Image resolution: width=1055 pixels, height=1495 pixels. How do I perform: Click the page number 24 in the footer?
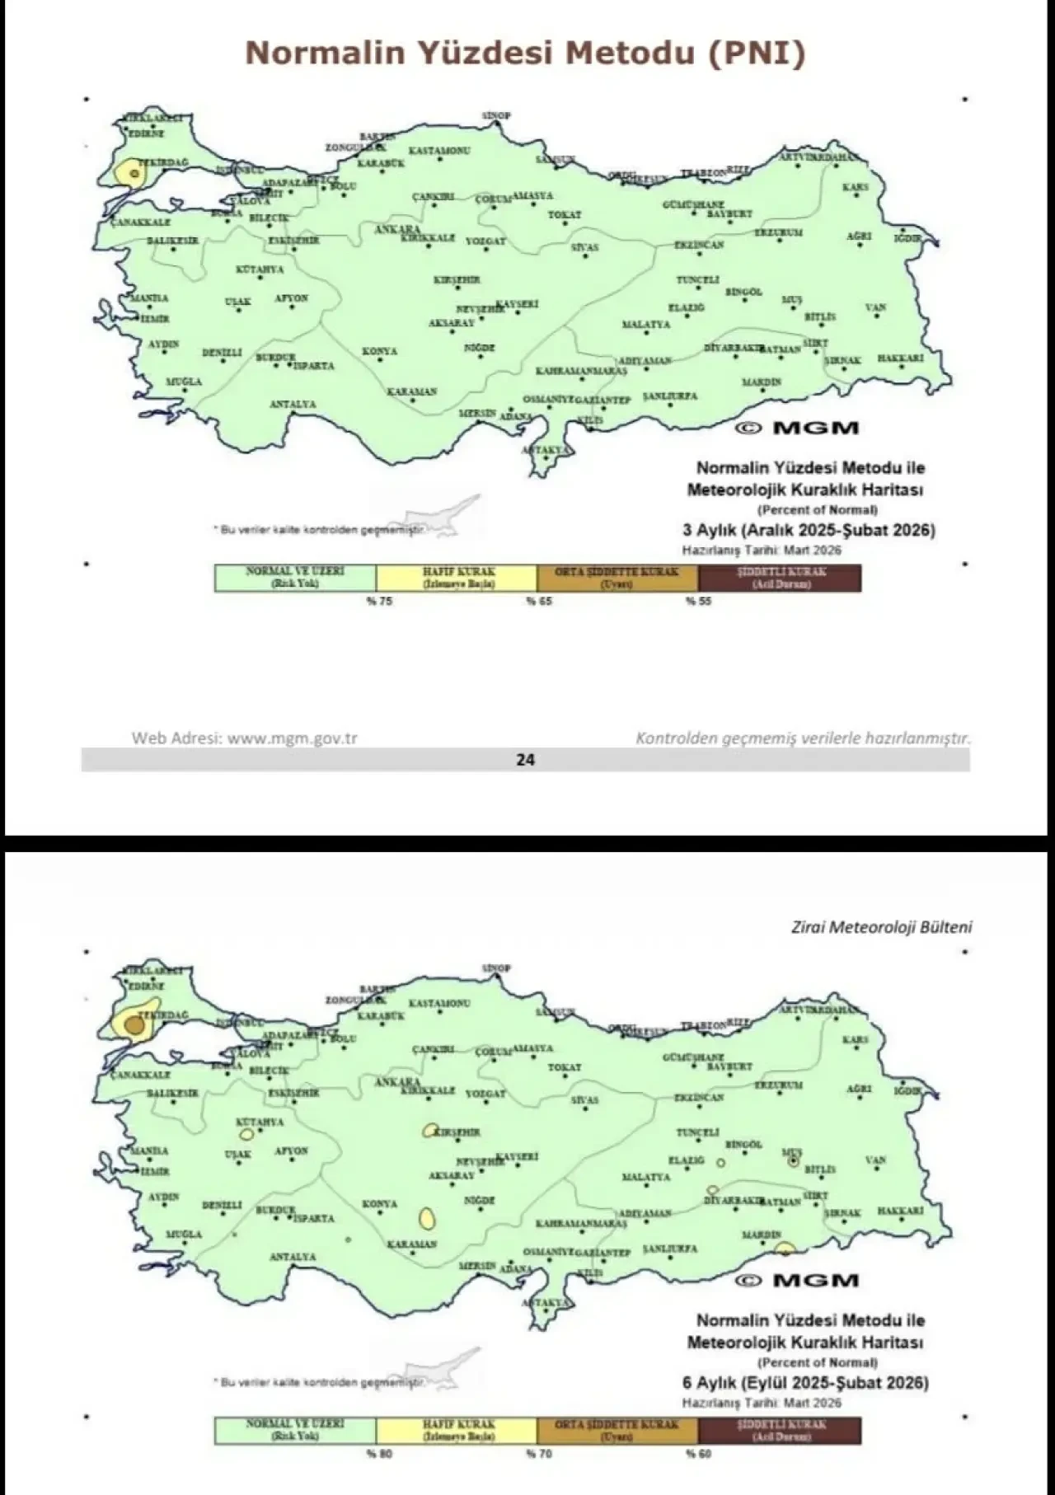pos(525,760)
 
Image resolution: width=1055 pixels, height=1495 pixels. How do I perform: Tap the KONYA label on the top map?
pos(379,351)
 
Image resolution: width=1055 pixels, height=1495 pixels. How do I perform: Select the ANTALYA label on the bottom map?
pos(293,1257)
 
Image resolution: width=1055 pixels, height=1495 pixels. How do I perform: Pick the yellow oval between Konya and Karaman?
pos(427,1218)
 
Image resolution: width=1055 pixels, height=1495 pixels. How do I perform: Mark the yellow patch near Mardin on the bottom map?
pos(785,1248)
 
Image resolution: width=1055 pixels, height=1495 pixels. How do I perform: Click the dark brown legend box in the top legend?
pos(779,578)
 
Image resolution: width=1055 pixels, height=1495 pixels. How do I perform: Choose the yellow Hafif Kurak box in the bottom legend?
pos(457,1430)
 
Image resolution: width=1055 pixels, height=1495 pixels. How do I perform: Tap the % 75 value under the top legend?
pos(380,602)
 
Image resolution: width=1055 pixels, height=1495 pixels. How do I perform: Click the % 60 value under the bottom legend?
pos(698,1454)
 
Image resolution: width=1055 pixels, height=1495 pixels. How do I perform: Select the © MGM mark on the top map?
pos(797,428)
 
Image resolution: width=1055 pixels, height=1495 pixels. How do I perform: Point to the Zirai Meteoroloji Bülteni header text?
pos(882,927)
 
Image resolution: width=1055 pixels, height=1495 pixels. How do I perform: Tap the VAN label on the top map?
pos(875,307)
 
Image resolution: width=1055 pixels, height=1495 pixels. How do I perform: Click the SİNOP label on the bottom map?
pos(496,968)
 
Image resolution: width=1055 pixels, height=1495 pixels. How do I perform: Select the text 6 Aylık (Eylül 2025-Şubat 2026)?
pos(805,1383)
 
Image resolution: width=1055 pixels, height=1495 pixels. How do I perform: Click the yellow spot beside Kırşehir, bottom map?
pos(429,1131)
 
